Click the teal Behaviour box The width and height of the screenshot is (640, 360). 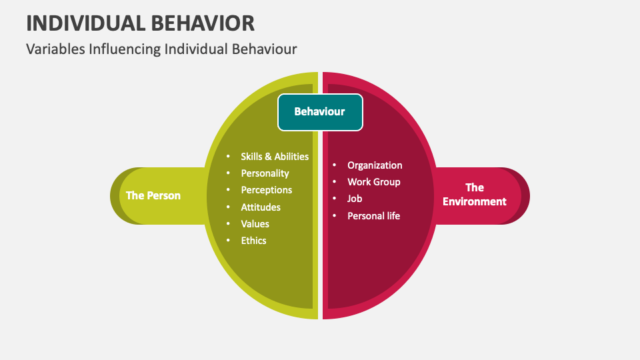pos(320,112)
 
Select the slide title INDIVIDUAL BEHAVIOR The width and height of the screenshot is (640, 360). pos(140,23)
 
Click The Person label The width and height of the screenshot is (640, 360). pos(153,195)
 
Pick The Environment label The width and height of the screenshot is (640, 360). pos(475,195)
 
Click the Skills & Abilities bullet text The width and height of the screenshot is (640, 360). pos(275,157)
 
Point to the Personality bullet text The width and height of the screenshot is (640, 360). pos(265,173)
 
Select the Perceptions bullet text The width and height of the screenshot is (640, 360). pos(267,190)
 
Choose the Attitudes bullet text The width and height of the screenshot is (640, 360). pos(261,207)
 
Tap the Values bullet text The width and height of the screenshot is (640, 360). pos(255,224)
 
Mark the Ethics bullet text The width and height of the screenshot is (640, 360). pos(253,241)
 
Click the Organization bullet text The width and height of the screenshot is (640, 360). pos(375,165)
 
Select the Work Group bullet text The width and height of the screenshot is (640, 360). pos(374,182)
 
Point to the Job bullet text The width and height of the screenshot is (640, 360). pos(355,199)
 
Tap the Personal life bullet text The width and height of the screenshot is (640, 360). pos(374,216)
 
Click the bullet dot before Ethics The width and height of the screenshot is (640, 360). pos(228,241)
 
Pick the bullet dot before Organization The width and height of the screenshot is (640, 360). pos(335,165)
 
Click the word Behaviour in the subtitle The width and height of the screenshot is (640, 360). pos(264,49)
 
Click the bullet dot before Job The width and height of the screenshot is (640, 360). pos(335,199)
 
